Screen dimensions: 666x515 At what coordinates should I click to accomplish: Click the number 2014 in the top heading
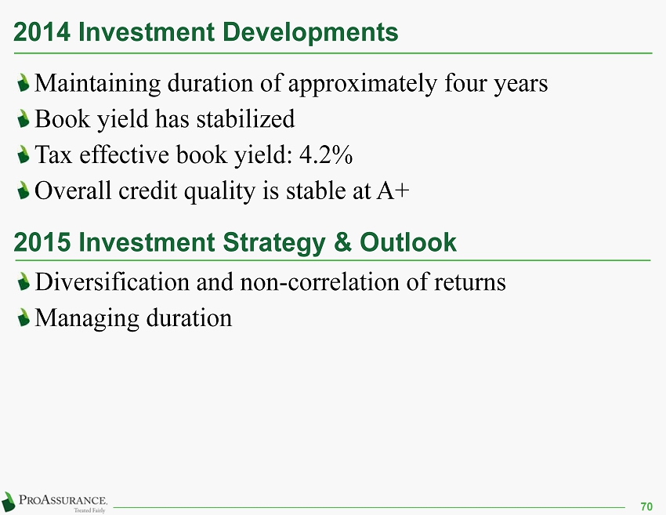42,32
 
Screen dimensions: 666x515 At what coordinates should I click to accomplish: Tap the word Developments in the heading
310,33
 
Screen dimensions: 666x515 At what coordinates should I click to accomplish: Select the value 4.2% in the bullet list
326,154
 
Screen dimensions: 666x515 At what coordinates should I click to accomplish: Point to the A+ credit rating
393,190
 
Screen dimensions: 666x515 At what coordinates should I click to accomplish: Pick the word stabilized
245,118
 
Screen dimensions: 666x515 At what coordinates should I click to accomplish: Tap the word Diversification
112,281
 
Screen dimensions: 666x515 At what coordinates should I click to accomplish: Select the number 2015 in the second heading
42,242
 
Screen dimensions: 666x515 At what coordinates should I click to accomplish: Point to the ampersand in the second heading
342,242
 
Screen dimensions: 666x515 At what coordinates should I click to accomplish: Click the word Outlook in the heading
407,242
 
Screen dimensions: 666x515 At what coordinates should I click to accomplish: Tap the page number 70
646,506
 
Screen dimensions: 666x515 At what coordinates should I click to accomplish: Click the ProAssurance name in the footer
63,499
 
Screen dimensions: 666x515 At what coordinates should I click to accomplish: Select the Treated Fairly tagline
89,510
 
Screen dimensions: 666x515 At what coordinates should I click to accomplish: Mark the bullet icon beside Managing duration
24,317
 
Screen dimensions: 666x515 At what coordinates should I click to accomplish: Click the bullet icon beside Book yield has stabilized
24,118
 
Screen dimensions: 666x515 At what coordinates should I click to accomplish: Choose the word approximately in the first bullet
362,84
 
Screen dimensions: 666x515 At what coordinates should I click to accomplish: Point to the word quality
219,191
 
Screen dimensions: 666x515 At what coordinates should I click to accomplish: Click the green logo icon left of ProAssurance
8,502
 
